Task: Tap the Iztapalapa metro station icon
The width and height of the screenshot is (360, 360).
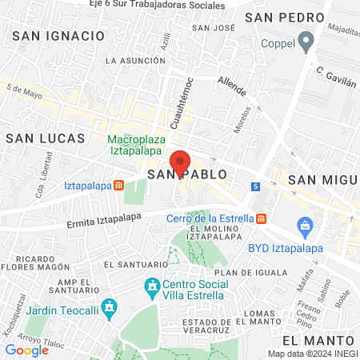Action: point(118,186)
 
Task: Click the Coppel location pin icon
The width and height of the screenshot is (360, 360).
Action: point(306,41)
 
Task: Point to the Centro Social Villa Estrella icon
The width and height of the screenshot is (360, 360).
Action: point(152,286)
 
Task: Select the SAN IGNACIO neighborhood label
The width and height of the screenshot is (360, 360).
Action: point(58,36)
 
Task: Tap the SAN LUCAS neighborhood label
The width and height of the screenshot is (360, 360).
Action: point(45,138)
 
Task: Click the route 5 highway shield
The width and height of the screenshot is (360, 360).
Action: point(255,186)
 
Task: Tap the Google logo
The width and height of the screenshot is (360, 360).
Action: point(27,350)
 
